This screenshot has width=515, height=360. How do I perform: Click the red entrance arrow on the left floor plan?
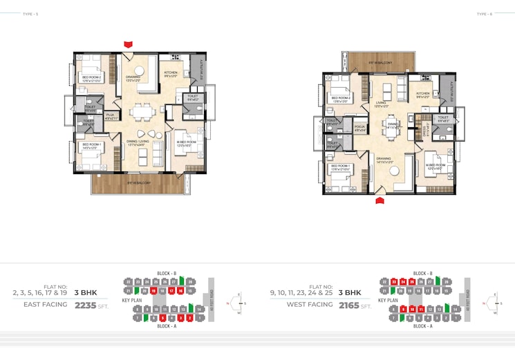pyautogui.click(x=128, y=44)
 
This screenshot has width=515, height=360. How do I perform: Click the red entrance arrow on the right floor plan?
pyautogui.click(x=380, y=200)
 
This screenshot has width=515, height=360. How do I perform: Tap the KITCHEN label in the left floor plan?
pyautogui.click(x=171, y=73)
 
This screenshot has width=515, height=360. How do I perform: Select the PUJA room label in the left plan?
pyautogui.click(x=110, y=117)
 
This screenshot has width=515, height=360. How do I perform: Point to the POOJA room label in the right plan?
pyautogui.click(x=359, y=128)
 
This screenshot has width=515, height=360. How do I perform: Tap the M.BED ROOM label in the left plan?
pyautogui.click(x=186, y=142)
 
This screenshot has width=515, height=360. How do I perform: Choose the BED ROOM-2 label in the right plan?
pyautogui.click(x=341, y=99)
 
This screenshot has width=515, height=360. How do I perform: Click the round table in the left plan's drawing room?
pyautogui.click(x=141, y=68)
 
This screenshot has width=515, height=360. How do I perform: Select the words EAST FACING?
pyautogui.click(x=46, y=304)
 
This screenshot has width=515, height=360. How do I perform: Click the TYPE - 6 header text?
pyautogui.click(x=484, y=14)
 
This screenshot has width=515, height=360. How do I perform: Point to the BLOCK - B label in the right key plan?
pyautogui.click(x=423, y=274)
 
